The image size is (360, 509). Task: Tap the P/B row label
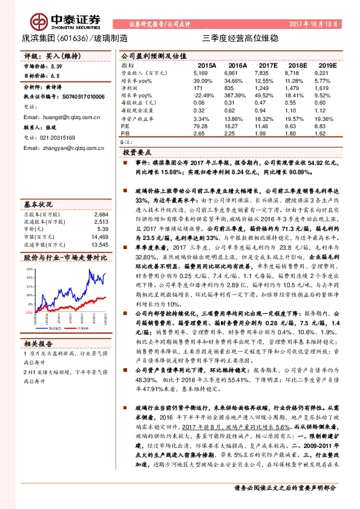coord(126,132)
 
